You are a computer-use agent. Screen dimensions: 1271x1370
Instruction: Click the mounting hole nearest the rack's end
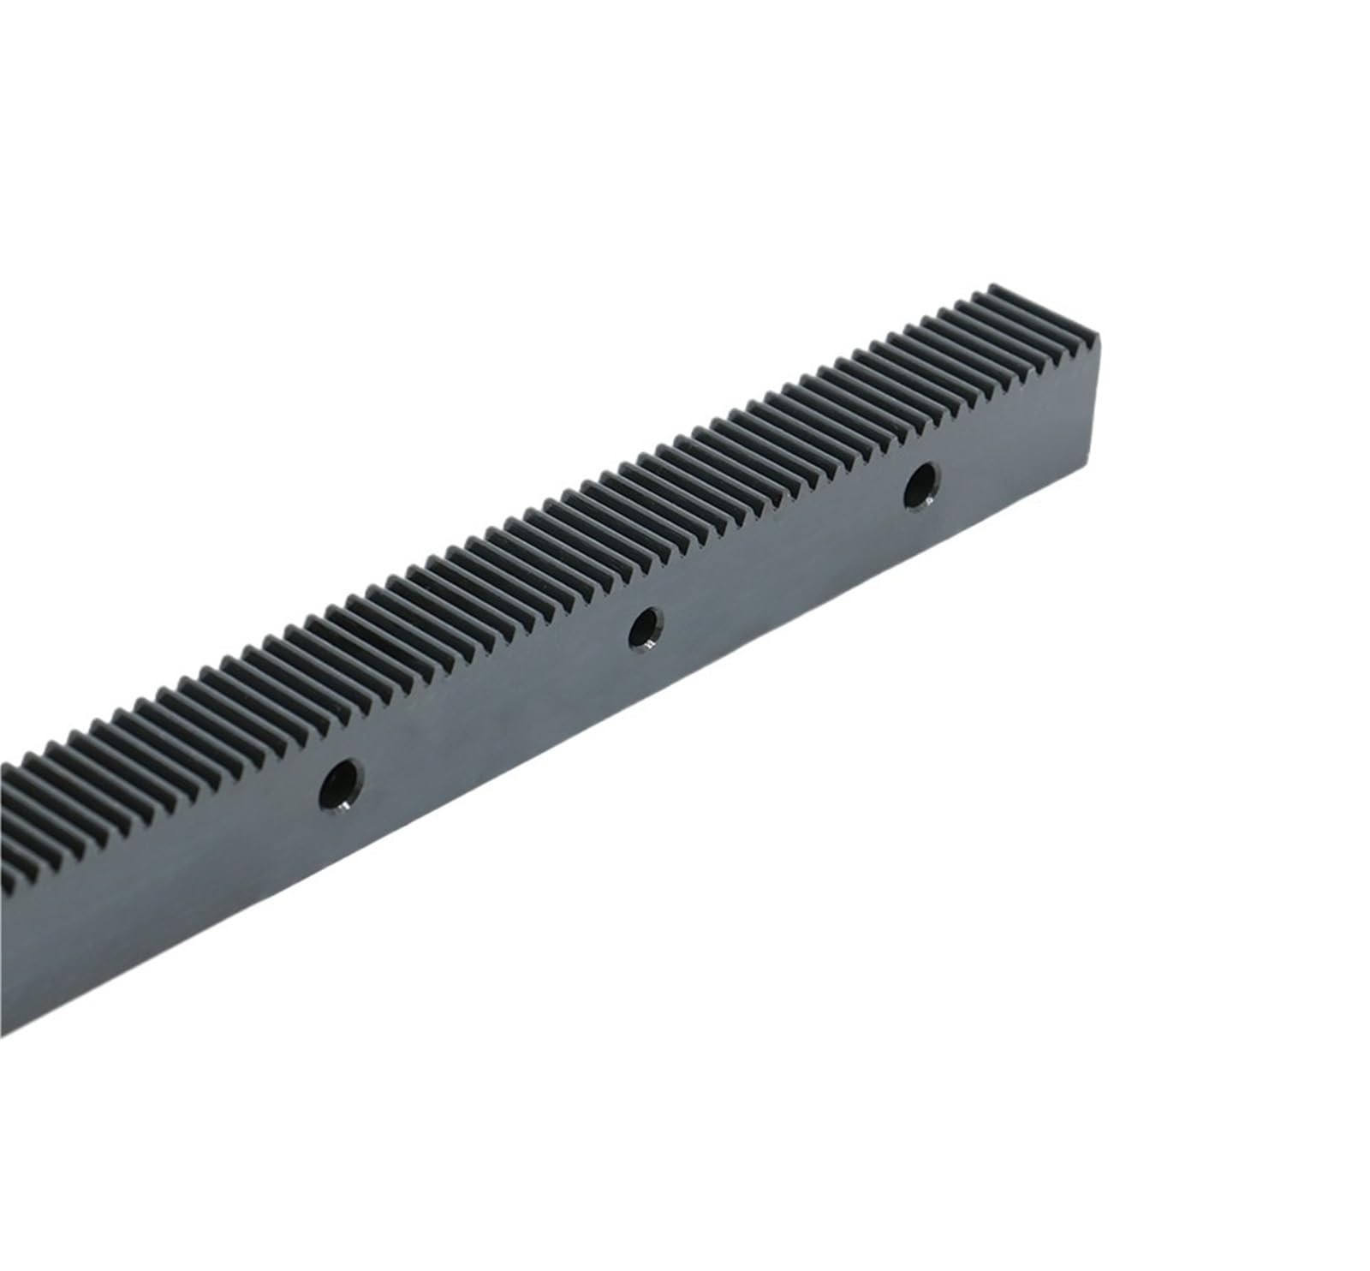point(921,486)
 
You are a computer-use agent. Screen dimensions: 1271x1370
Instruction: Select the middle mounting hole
point(645,629)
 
